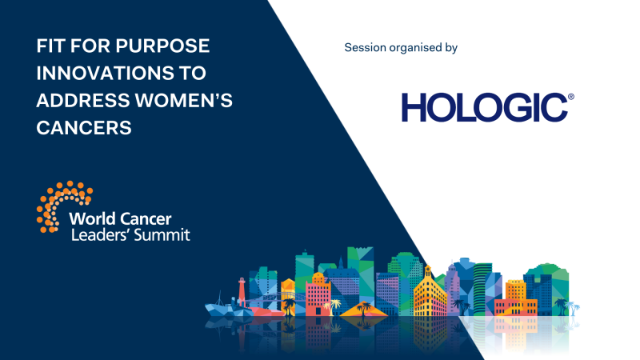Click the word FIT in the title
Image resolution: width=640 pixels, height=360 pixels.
click(x=51, y=46)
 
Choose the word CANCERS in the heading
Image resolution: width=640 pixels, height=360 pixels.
click(x=83, y=127)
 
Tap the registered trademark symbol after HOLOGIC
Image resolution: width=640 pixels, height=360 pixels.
click(x=570, y=97)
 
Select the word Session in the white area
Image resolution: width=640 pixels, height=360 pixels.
click(x=366, y=48)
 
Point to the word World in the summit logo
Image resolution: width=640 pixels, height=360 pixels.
click(x=91, y=219)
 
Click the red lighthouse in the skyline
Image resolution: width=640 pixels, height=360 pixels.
click(x=240, y=293)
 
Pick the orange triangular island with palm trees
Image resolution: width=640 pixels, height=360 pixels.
click(x=364, y=309)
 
